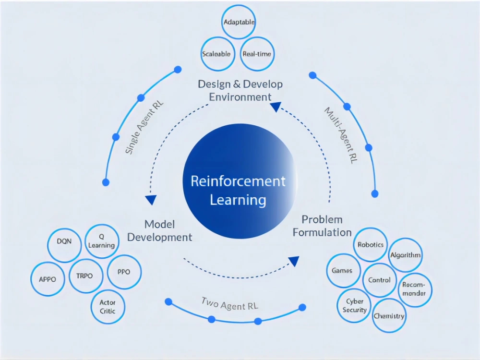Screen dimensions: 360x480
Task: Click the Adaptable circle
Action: [239, 22]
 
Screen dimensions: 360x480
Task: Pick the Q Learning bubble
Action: [101, 241]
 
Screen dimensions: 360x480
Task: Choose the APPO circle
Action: [48, 279]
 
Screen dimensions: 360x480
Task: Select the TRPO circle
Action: [84, 276]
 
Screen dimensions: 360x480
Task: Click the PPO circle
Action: [123, 272]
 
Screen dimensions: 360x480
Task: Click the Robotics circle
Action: [370, 245]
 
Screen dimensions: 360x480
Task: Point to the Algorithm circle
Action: [405, 255]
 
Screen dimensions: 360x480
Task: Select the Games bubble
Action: [342, 271]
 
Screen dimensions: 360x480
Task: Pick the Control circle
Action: [379, 280]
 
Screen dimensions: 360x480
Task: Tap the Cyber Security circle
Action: [355, 306]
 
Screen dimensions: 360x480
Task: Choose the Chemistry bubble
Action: [389, 316]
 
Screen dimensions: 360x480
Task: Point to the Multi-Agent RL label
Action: [341, 136]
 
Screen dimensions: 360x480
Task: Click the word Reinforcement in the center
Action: [238, 181]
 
